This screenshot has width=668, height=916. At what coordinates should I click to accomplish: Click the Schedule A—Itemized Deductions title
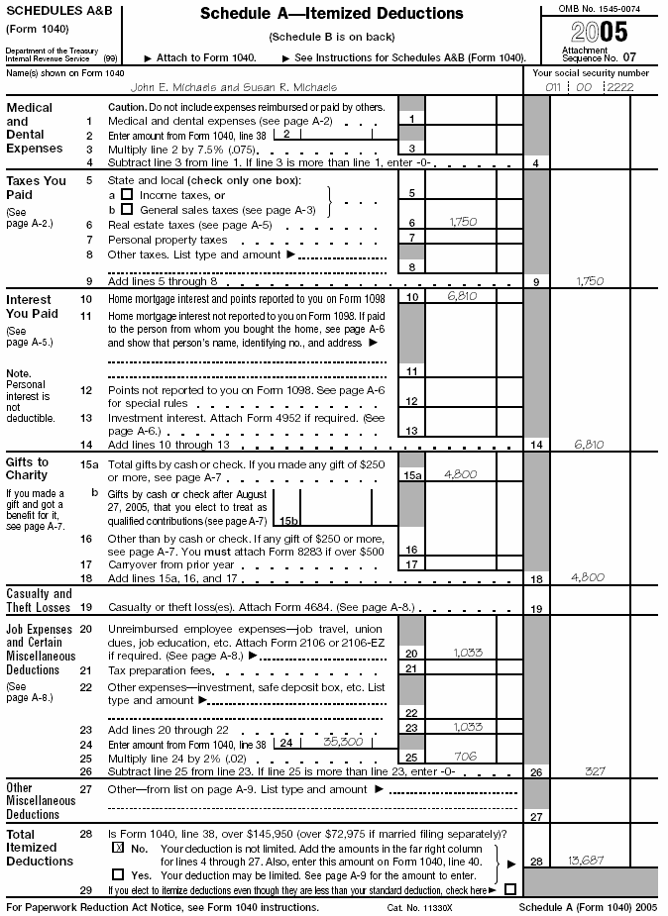pyautogui.click(x=331, y=14)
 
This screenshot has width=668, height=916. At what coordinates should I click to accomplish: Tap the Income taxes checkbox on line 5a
pyautogui.click(x=126, y=195)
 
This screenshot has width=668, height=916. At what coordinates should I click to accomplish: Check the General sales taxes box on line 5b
pyautogui.click(x=126, y=209)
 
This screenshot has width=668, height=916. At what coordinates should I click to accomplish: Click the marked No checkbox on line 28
pyautogui.click(x=118, y=849)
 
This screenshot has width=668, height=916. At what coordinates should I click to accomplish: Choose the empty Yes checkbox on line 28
pyautogui.click(x=118, y=874)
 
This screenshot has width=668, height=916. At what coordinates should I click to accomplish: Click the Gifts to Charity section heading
pyautogui.click(x=28, y=468)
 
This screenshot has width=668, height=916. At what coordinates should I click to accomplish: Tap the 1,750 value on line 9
pyautogui.click(x=591, y=280)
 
